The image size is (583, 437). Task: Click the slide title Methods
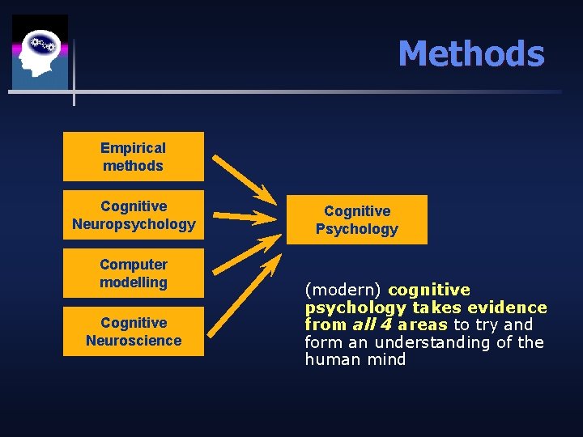[470, 54]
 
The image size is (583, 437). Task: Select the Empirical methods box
[134, 156]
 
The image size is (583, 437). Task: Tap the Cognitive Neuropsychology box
[134, 215]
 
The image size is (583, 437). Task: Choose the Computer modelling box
[134, 274]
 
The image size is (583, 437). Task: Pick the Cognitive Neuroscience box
[134, 332]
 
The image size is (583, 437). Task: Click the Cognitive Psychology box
[357, 220]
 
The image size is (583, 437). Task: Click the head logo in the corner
[40, 52]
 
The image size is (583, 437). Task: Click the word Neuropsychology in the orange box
[134, 224]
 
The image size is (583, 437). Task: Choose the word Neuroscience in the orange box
[134, 341]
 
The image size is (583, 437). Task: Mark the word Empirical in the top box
[133, 148]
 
